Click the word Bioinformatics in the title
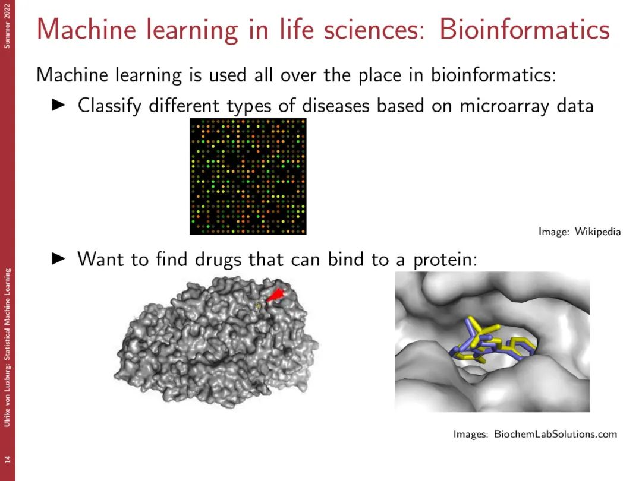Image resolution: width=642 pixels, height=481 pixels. point(524,30)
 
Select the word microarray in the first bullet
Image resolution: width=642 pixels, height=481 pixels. point(505,106)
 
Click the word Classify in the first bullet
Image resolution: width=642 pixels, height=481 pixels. point(109,106)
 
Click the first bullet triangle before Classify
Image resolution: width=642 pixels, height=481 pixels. point(58,105)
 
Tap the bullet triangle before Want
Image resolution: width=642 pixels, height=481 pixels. point(58,258)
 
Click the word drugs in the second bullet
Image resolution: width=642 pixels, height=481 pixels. point(218,260)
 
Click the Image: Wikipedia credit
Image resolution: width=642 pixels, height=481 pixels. point(580,232)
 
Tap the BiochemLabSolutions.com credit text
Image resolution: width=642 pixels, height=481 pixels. point(555,434)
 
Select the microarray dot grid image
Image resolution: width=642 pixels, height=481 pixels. point(248,176)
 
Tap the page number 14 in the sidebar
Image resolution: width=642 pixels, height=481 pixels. point(7,459)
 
